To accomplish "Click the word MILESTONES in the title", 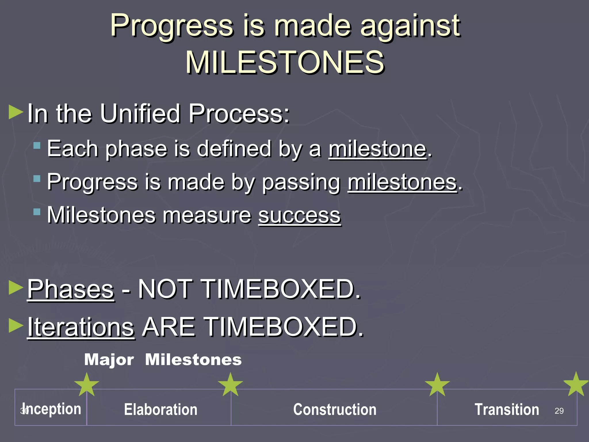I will pos(285,62).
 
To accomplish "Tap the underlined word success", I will pos(299,215).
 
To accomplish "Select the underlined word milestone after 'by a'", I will pos(377,149).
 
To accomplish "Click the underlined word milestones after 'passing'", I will pos(402,182).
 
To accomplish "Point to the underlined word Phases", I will pos(71,289).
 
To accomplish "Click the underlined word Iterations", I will pos(81,327).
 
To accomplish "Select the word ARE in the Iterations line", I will pos(169,327).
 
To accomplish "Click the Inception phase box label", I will pos(52,409).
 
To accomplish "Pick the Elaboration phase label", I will pos(160,409).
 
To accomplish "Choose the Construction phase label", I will pos(334,409).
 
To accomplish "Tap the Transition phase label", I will pos(506,409).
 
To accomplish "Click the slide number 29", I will pos(559,411).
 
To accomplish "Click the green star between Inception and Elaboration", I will pos(87,385).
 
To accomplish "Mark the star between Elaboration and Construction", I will pos(230,385).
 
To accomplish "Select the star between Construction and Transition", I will pos(437,385).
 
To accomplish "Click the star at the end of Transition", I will pos(575,384).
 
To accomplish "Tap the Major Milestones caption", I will pos(163,360).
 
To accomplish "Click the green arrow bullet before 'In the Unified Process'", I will pos(16,112).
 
